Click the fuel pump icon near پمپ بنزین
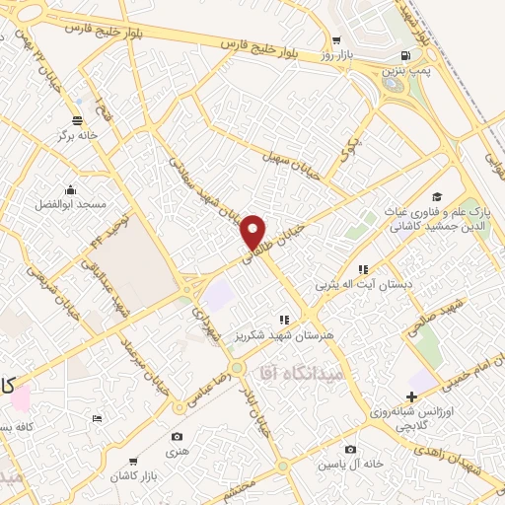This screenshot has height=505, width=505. [406, 55]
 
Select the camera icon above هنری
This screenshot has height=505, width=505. [177, 436]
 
